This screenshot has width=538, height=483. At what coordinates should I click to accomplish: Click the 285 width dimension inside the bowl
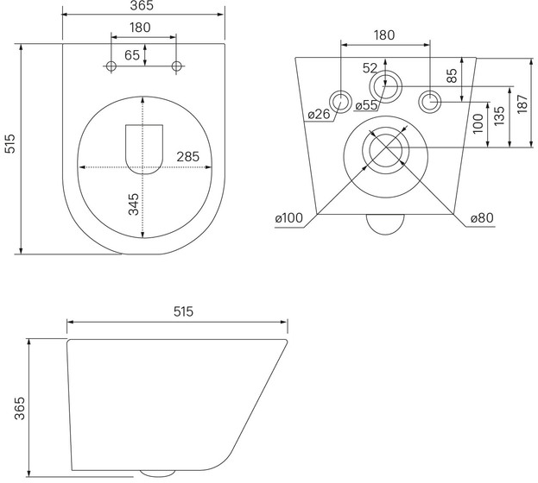[x=187, y=157]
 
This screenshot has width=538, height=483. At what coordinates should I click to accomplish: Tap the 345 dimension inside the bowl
[x=134, y=204]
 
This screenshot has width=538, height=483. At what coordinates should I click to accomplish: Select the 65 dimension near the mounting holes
[x=132, y=55]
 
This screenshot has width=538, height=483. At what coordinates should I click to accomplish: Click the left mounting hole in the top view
[x=111, y=66]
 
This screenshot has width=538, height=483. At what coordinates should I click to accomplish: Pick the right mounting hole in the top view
[x=176, y=66]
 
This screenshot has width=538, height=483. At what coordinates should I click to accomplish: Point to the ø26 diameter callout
[x=319, y=114]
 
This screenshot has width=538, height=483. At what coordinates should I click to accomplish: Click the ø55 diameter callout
[x=366, y=105]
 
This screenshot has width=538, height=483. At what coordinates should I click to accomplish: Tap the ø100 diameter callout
[x=289, y=217]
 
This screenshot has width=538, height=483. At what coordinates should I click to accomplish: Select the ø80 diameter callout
[x=482, y=217]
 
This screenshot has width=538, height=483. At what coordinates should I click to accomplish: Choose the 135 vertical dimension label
[x=499, y=116]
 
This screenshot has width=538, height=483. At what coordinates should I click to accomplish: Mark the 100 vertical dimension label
[x=478, y=123]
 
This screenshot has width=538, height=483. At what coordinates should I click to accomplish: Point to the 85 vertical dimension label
[x=452, y=76]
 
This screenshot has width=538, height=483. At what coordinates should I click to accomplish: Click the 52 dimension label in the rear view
[x=370, y=68]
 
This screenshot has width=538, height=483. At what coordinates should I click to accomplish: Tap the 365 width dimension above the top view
[x=142, y=5]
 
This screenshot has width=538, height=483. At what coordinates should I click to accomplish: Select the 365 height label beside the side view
[x=20, y=408]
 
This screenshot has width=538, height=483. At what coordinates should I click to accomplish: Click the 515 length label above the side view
[x=183, y=311]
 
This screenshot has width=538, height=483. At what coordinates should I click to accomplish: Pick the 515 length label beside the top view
[x=10, y=144]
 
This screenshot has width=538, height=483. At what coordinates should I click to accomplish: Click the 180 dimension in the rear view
[x=384, y=35]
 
